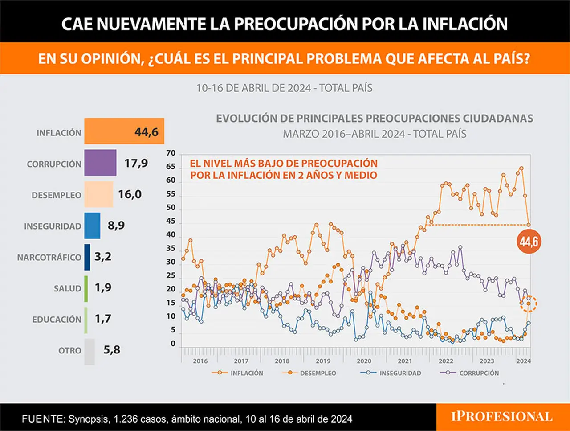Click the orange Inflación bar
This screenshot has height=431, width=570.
coord(124,131)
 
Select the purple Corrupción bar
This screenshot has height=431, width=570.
coord(100,163)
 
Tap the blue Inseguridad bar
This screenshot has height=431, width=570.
coord(92,226)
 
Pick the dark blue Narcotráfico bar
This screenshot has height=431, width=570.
coord(87,257)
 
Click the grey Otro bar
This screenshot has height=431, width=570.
coord(90,352)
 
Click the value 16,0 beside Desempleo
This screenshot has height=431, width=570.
coord(130,194)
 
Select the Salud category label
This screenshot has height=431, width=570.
coord(68,288)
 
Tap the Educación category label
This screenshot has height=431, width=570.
coord(57,320)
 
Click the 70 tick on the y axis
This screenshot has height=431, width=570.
coord(171,153)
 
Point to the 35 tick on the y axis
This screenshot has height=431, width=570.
coord(171,248)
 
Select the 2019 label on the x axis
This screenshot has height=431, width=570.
coord(323,361)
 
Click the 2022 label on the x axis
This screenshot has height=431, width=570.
coord(446,361)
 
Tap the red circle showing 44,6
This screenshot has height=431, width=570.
coord(529,242)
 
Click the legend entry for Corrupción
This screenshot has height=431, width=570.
coord(469,373)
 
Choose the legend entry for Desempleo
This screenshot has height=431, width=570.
coord(309,373)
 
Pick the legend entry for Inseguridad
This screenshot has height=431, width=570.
coord(391,373)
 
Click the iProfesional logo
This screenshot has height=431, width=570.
coord(502,417)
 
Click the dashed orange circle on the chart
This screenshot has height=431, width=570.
coord(529,304)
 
